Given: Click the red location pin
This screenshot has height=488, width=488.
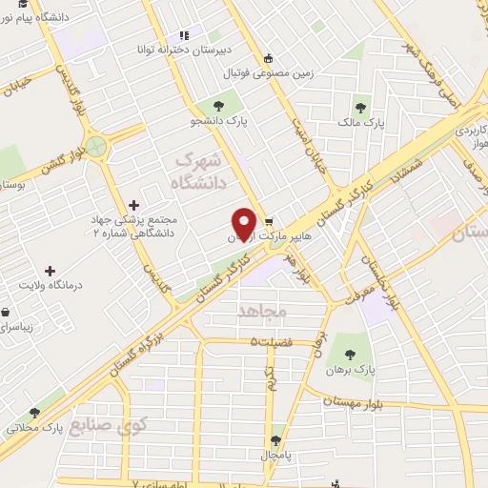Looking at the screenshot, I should (244, 223).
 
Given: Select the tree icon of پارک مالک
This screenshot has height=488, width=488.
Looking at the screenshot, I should (360, 107).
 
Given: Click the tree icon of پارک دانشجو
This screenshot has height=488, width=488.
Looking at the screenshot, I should (220, 106).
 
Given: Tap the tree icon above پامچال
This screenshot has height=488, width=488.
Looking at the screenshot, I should (276, 440).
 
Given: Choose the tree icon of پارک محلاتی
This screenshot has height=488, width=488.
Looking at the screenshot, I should (35, 414).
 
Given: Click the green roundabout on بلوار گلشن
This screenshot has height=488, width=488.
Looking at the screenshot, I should (96, 146).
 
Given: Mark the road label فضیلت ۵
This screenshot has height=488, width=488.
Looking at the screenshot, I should (268, 340).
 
